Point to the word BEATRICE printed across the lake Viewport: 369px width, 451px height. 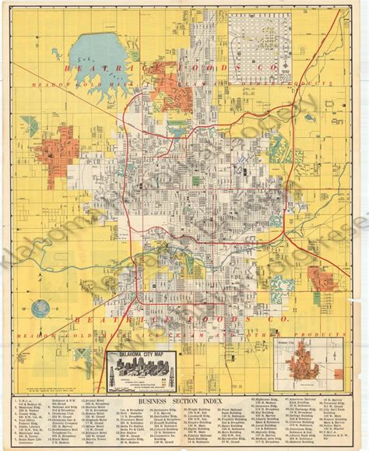pyautogui.click(x=93, y=71)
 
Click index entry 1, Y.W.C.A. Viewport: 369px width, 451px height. pyautogui.click(x=32, y=399)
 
